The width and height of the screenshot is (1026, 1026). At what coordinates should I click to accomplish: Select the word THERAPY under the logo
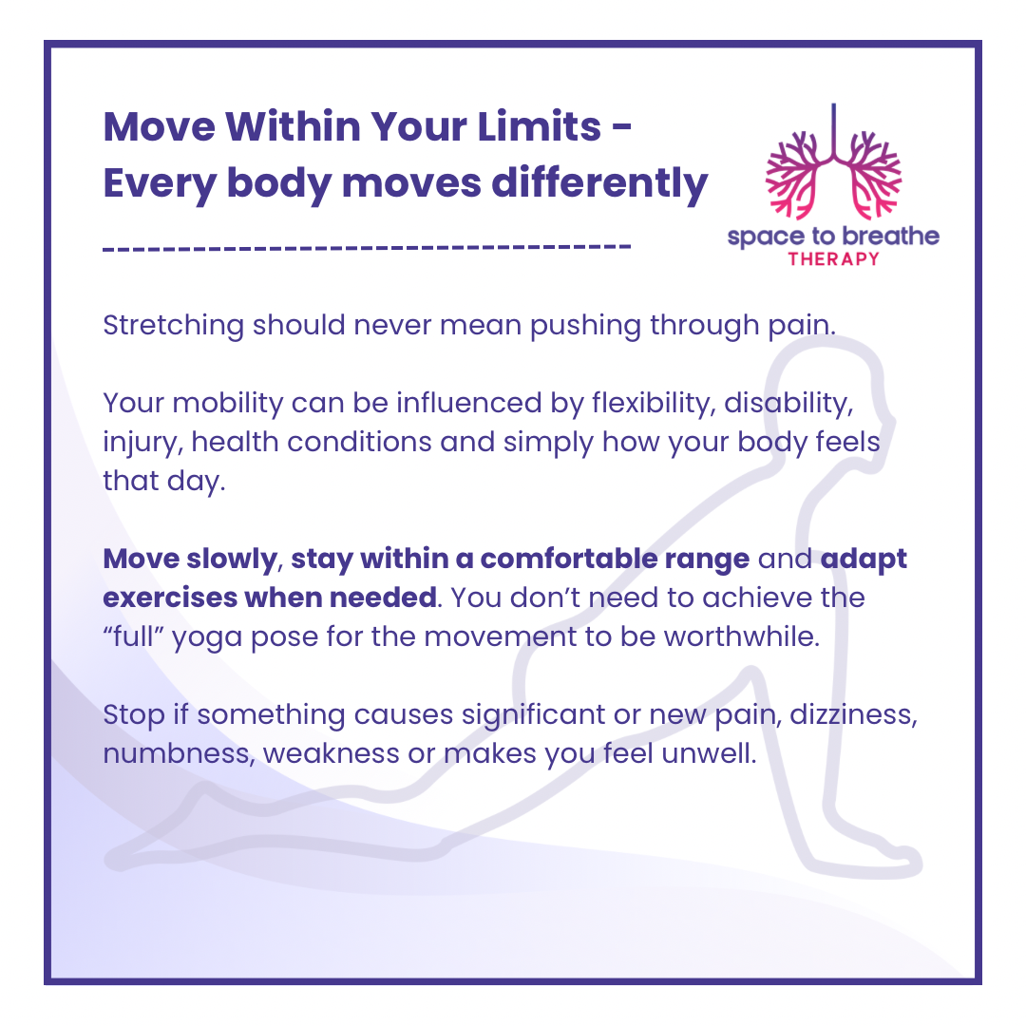click(834, 259)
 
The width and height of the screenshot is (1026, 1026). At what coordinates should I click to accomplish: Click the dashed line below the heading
click(367, 248)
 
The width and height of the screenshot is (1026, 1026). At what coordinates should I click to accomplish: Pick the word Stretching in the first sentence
click(174, 325)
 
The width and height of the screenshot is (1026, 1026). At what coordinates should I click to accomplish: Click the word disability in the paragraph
click(788, 403)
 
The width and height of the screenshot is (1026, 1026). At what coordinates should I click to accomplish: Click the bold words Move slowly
click(190, 559)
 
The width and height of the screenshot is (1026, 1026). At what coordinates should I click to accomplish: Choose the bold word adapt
click(864, 560)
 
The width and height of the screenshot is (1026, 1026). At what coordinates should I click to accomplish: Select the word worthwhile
click(741, 636)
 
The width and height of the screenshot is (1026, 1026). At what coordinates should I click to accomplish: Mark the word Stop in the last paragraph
click(134, 715)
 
